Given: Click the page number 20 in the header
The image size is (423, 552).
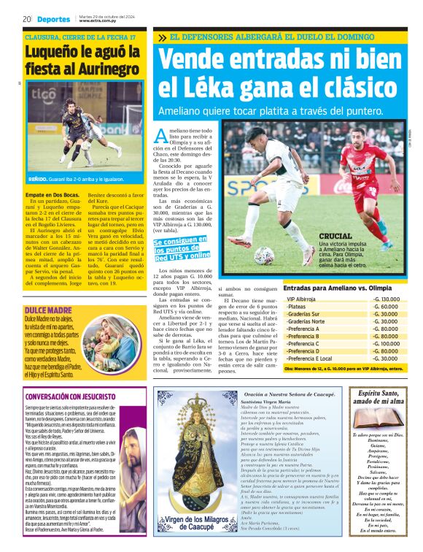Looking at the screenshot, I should (26, 19).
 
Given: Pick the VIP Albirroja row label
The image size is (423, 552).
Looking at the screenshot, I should (301, 299).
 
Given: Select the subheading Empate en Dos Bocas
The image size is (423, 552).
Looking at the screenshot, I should (53, 196).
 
